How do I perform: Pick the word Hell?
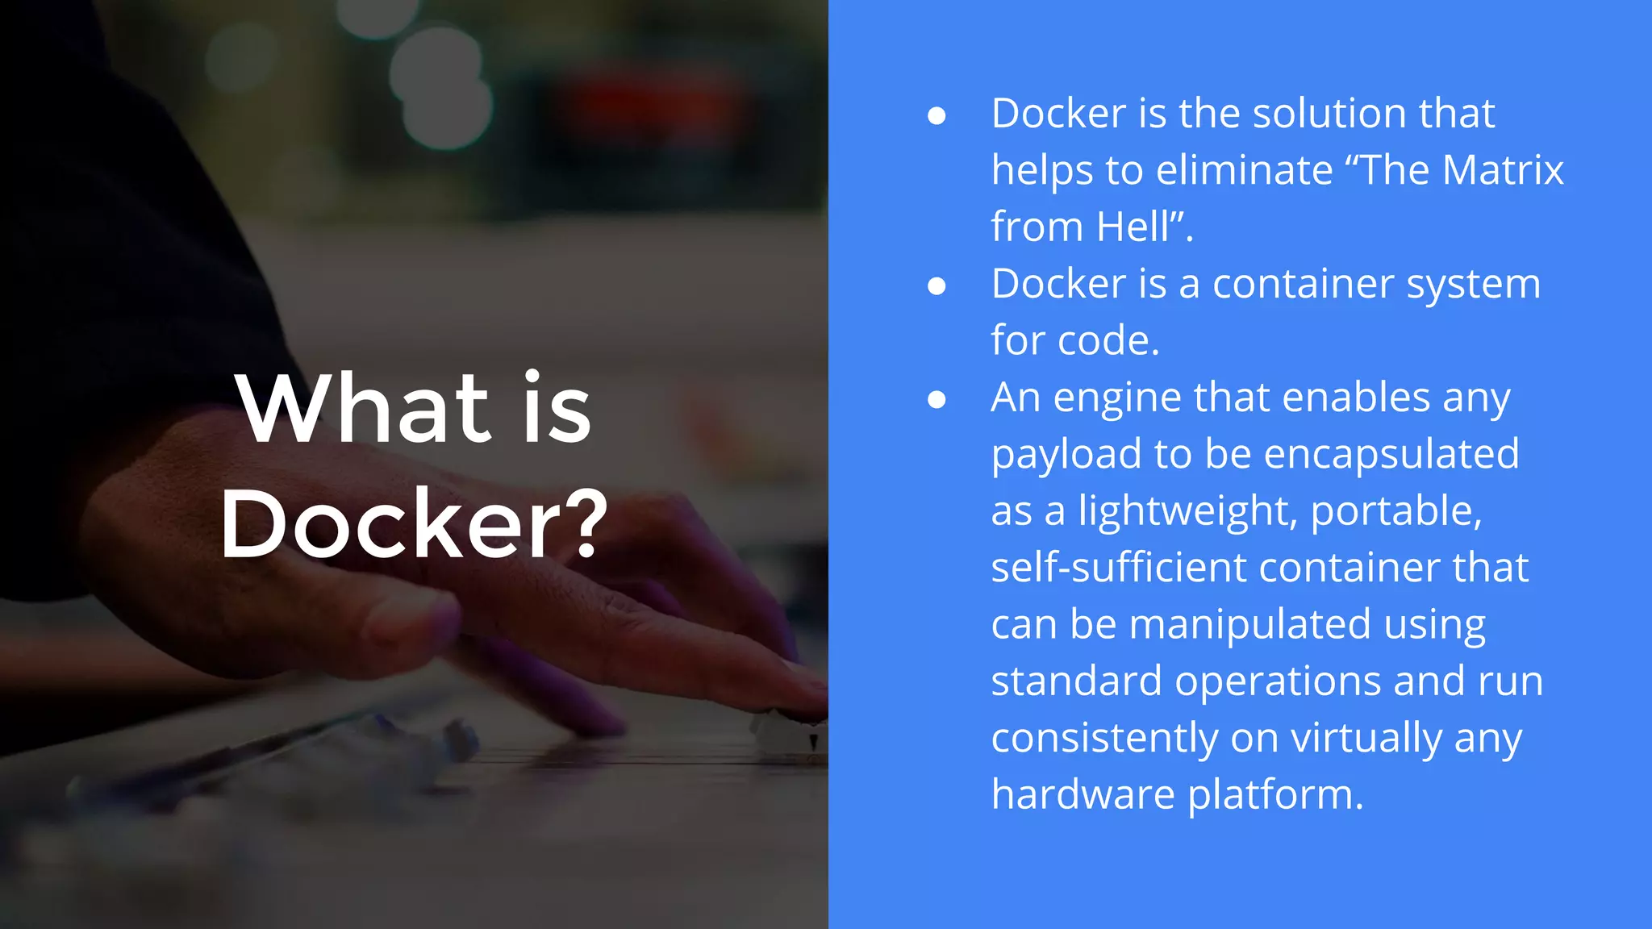coord(1133,227)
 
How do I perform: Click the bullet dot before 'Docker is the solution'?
coord(937,116)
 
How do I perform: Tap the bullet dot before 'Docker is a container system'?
coord(937,286)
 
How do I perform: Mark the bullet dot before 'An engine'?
coord(937,400)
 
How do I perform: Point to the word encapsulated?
coord(1391,454)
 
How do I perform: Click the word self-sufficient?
coord(1118,568)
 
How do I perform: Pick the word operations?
coord(1278,681)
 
